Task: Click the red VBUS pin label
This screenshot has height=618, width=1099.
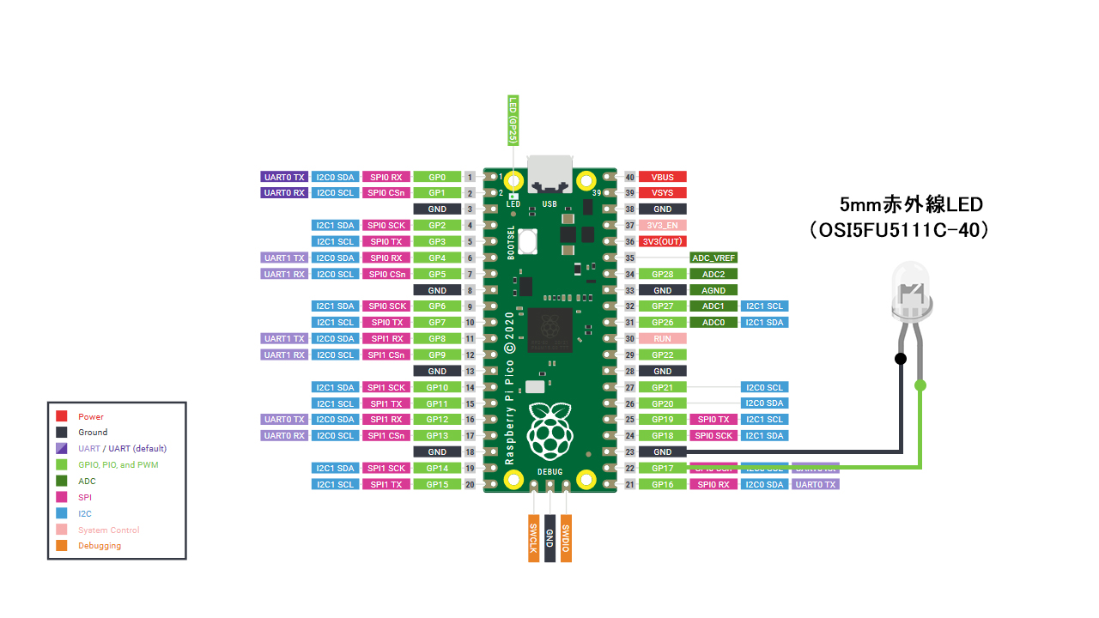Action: coord(662,177)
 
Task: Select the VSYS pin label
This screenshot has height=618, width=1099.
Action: coord(662,193)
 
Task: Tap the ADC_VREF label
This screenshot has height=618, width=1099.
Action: coord(713,257)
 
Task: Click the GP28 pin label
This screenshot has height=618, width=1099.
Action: coord(662,274)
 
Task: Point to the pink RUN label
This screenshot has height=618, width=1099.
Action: coord(662,338)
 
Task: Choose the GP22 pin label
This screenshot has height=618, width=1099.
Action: coord(662,354)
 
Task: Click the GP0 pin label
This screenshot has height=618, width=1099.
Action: coord(437,177)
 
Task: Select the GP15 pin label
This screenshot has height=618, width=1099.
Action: coord(437,484)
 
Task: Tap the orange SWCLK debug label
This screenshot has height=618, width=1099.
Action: coord(533,538)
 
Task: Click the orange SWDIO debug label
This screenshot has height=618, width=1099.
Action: coord(565,538)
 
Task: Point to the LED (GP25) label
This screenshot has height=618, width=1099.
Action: coord(513,119)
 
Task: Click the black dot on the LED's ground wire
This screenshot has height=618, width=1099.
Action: coord(900,358)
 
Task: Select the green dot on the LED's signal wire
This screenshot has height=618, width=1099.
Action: coord(920,385)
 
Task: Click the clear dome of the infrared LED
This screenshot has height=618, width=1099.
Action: coord(911,283)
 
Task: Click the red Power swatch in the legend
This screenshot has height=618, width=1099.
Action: coord(62,416)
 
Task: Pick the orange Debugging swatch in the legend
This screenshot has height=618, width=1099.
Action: coord(62,545)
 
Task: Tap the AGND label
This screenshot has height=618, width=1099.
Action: coord(713,290)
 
